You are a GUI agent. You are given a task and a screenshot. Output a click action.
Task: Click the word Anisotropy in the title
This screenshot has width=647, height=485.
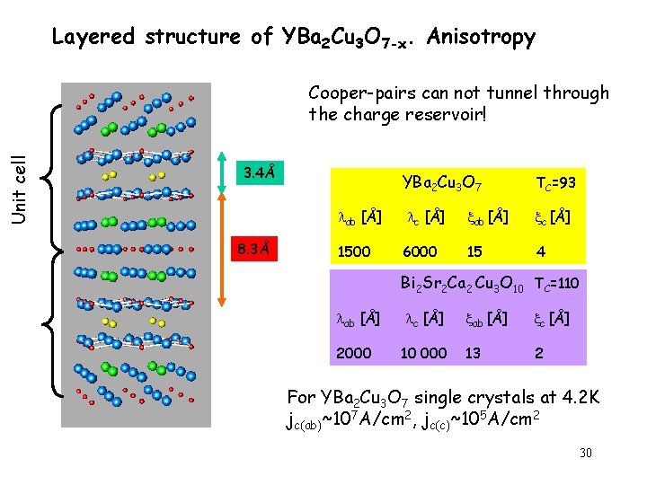[x=482, y=38]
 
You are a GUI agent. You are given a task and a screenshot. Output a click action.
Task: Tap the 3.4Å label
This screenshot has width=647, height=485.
[x=260, y=171]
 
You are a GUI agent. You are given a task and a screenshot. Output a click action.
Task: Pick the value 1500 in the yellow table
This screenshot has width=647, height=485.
[x=353, y=251]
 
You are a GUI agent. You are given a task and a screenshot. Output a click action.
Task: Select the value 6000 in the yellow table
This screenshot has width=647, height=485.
[x=420, y=251]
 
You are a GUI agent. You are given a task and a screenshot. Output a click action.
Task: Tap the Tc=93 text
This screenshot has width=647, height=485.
[x=555, y=183]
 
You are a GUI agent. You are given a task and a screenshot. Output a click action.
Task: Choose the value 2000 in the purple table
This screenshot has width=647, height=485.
[x=353, y=353]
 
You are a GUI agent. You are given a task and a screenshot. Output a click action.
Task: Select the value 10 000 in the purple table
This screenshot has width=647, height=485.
[x=424, y=353]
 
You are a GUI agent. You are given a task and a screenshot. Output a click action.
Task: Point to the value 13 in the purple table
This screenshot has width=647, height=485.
[x=474, y=353]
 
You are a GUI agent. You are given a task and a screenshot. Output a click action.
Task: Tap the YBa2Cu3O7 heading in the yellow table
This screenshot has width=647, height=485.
[x=442, y=184]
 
